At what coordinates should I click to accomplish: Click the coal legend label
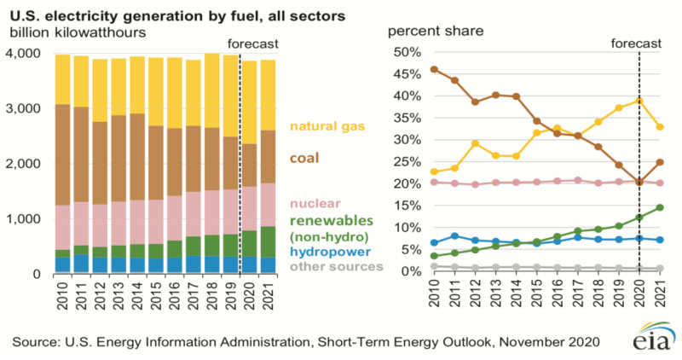306,159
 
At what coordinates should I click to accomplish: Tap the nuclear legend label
314,203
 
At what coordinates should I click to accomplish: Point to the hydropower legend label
328,253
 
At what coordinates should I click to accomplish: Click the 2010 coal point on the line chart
435,69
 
